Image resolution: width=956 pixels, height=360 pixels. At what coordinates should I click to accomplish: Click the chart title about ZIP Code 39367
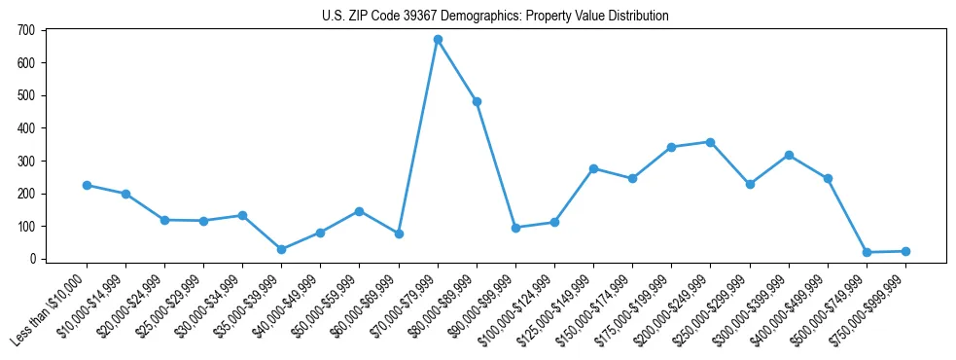495,17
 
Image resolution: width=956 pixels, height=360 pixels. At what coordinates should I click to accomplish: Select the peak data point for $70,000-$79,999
438,40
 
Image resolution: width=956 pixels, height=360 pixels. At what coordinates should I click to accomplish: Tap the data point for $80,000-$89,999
477,101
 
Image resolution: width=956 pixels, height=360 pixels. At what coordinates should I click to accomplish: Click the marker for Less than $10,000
87,185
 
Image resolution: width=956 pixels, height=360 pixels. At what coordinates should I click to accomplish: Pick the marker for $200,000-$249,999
711,142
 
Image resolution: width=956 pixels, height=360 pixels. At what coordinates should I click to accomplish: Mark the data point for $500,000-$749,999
867,252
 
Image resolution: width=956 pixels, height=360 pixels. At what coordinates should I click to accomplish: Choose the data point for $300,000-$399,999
789,155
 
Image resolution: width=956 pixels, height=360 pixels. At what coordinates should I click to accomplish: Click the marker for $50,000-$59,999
359,211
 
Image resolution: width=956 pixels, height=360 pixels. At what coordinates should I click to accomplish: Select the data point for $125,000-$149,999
593,168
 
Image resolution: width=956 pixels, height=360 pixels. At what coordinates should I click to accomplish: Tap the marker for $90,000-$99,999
515,228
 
